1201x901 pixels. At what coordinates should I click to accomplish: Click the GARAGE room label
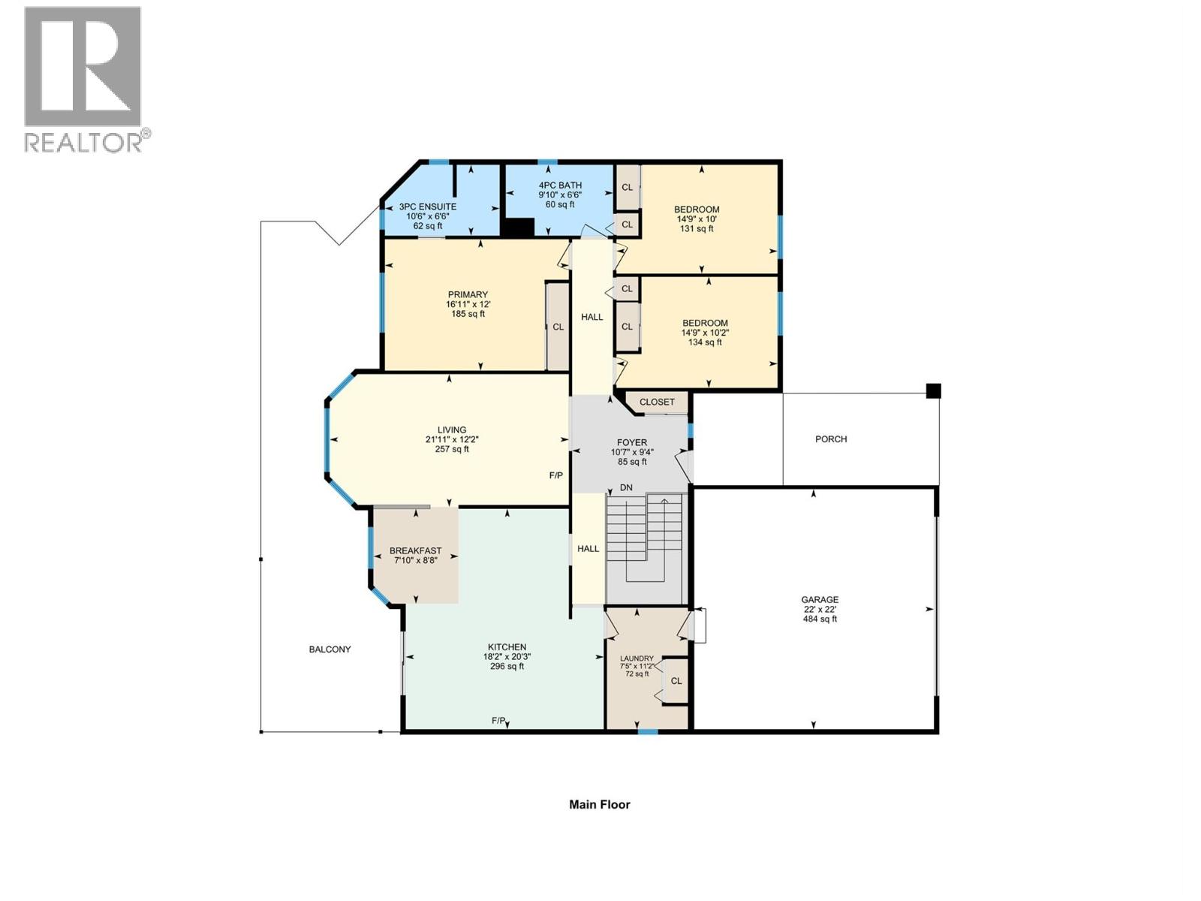(x=819, y=600)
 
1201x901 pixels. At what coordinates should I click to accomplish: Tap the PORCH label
(x=831, y=439)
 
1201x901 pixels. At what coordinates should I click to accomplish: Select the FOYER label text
(x=631, y=443)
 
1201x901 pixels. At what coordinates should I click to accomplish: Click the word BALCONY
(x=330, y=649)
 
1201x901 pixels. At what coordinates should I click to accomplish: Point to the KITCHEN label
(x=507, y=647)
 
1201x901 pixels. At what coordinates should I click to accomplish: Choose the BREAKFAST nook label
(x=415, y=551)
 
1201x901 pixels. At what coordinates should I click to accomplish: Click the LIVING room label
(x=452, y=430)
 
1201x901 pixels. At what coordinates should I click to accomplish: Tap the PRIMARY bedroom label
(x=468, y=295)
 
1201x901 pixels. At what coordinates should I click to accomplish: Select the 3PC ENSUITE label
(x=427, y=206)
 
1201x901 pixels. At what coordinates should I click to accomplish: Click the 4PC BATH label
(x=560, y=185)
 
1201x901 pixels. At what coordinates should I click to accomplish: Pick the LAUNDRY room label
(x=637, y=658)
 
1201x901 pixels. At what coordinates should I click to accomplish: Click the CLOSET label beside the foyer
(x=657, y=402)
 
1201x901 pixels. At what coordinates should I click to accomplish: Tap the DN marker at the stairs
(x=626, y=488)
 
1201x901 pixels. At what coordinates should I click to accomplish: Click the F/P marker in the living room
(x=555, y=475)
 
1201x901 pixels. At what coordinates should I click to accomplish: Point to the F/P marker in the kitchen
(x=498, y=720)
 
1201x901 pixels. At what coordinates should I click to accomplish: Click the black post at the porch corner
(x=933, y=390)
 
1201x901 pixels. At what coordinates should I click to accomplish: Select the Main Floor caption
(x=599, y=804)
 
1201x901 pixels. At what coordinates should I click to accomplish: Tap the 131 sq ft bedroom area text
(x=697, y=229)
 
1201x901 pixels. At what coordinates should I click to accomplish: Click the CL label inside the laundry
(x=676, y=681)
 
